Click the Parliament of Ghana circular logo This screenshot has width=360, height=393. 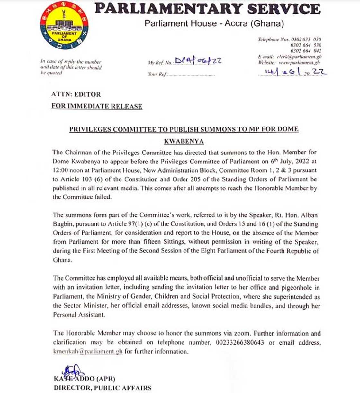(x=64, y=26)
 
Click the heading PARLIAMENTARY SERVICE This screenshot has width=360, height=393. (x=207, y=9)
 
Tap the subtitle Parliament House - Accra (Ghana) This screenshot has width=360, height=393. (x=214, y=23)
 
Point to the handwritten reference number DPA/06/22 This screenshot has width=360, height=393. (x=198, y=61)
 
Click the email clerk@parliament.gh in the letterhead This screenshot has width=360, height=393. (x=299, y=57)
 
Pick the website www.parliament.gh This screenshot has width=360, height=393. (x=299, y=62)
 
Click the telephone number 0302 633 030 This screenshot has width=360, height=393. (x=306, y=39)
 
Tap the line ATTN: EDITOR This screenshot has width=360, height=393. (x=76, y=94)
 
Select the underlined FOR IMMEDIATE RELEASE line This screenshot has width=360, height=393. (x=97, y=106)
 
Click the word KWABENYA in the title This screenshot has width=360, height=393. (x=184, y=141)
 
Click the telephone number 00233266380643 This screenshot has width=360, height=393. (x=239, y=342)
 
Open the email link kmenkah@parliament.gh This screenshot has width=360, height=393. (x=88, y=351)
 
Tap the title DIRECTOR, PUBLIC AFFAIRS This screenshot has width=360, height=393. (x=103, y=388)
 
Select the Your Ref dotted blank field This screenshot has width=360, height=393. (x=192, y=74)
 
